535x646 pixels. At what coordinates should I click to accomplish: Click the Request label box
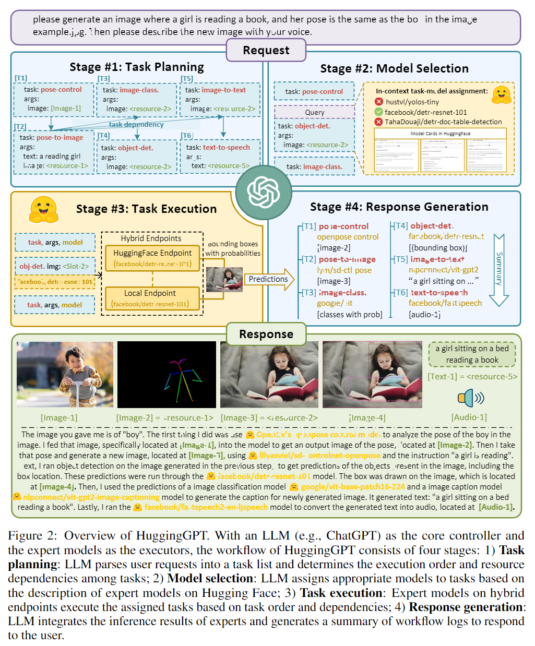click(x=266, y=51)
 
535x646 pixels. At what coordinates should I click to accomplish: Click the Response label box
click(x=266, y=334)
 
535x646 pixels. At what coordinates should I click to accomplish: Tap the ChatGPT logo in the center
click(x=264, y=192)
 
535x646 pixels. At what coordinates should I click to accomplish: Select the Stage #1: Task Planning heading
click(x=137, y=67)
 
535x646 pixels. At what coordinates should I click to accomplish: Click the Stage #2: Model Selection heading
click(x=394, y=68)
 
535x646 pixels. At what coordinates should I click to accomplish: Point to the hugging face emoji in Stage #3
click(x=43, y=209)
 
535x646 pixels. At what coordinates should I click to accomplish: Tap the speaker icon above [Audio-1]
click(x=470, y=398)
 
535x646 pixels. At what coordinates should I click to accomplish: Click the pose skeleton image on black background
click(x=167, y=375)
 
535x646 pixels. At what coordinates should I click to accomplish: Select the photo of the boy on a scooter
click(x=65, y=375)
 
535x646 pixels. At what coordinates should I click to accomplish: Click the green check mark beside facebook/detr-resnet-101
click(x=378, y=112)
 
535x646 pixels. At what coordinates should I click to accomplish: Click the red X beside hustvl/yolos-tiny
click(x=378, y=102)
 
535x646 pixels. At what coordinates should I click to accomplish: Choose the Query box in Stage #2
click(x=314, y=112)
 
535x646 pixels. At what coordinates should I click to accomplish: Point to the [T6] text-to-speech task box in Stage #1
click(x=220, y=156)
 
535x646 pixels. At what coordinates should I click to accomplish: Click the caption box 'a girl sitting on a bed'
click(x=472, y=354)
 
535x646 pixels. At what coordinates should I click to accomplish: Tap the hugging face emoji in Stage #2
click(x=501, y=94)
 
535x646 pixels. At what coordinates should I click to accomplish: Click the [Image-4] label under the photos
click(x=367, y=417)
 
